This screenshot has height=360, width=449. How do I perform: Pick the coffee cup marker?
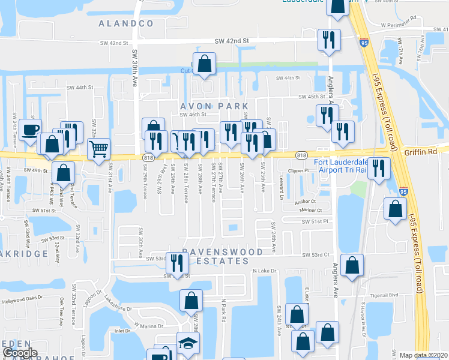point(31,129)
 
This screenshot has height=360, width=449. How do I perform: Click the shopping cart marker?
point(99,148)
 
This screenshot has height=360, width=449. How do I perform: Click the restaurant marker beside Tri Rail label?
point(379,168)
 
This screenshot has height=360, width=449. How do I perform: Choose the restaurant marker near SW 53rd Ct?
point(177,262)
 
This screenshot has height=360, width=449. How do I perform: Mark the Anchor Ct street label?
point(305,202)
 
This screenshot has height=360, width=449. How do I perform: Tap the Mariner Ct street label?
point(312,211)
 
